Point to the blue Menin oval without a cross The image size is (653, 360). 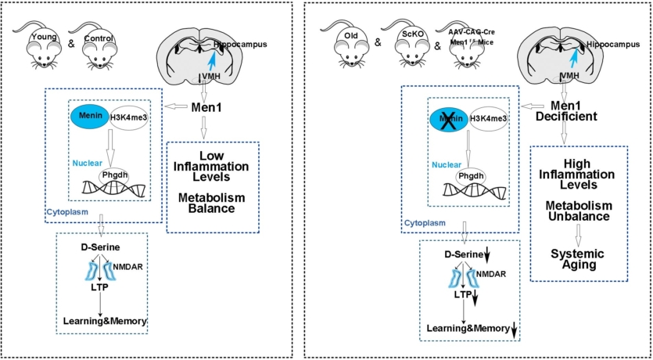(92, 117)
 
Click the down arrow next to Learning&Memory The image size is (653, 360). (514, 331)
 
